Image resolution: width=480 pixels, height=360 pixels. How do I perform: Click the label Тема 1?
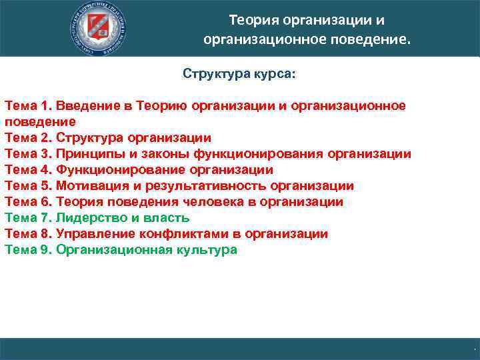pyautogui.click(x=27, y=106)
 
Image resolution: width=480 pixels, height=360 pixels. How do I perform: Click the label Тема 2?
pyautogui.click(x=27, y=138)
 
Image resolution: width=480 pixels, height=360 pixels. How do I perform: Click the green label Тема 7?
pyautogui.click(x=27, y=218)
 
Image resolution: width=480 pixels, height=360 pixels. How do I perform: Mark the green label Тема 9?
pyautogui.click(x=27, y=250)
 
